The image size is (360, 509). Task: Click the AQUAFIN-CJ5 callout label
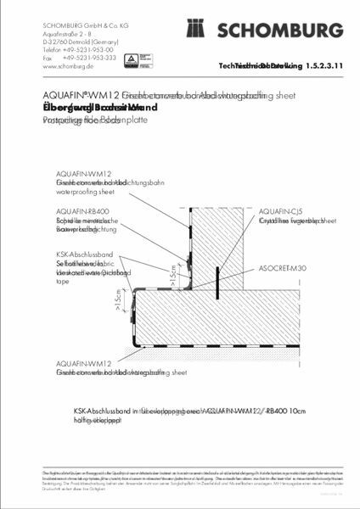278,210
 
